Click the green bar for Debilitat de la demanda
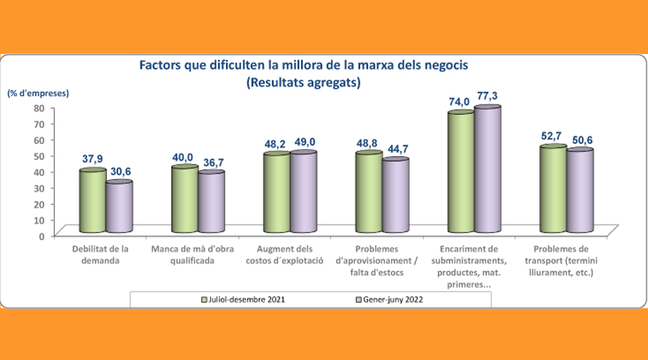93,202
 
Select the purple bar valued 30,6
120,207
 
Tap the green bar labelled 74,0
461,173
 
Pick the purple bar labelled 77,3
487,170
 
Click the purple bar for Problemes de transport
580,192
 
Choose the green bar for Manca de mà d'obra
184,199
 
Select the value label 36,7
211,162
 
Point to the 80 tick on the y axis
40,108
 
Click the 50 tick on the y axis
40,156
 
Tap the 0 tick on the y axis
42,235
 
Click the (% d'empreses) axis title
38,93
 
